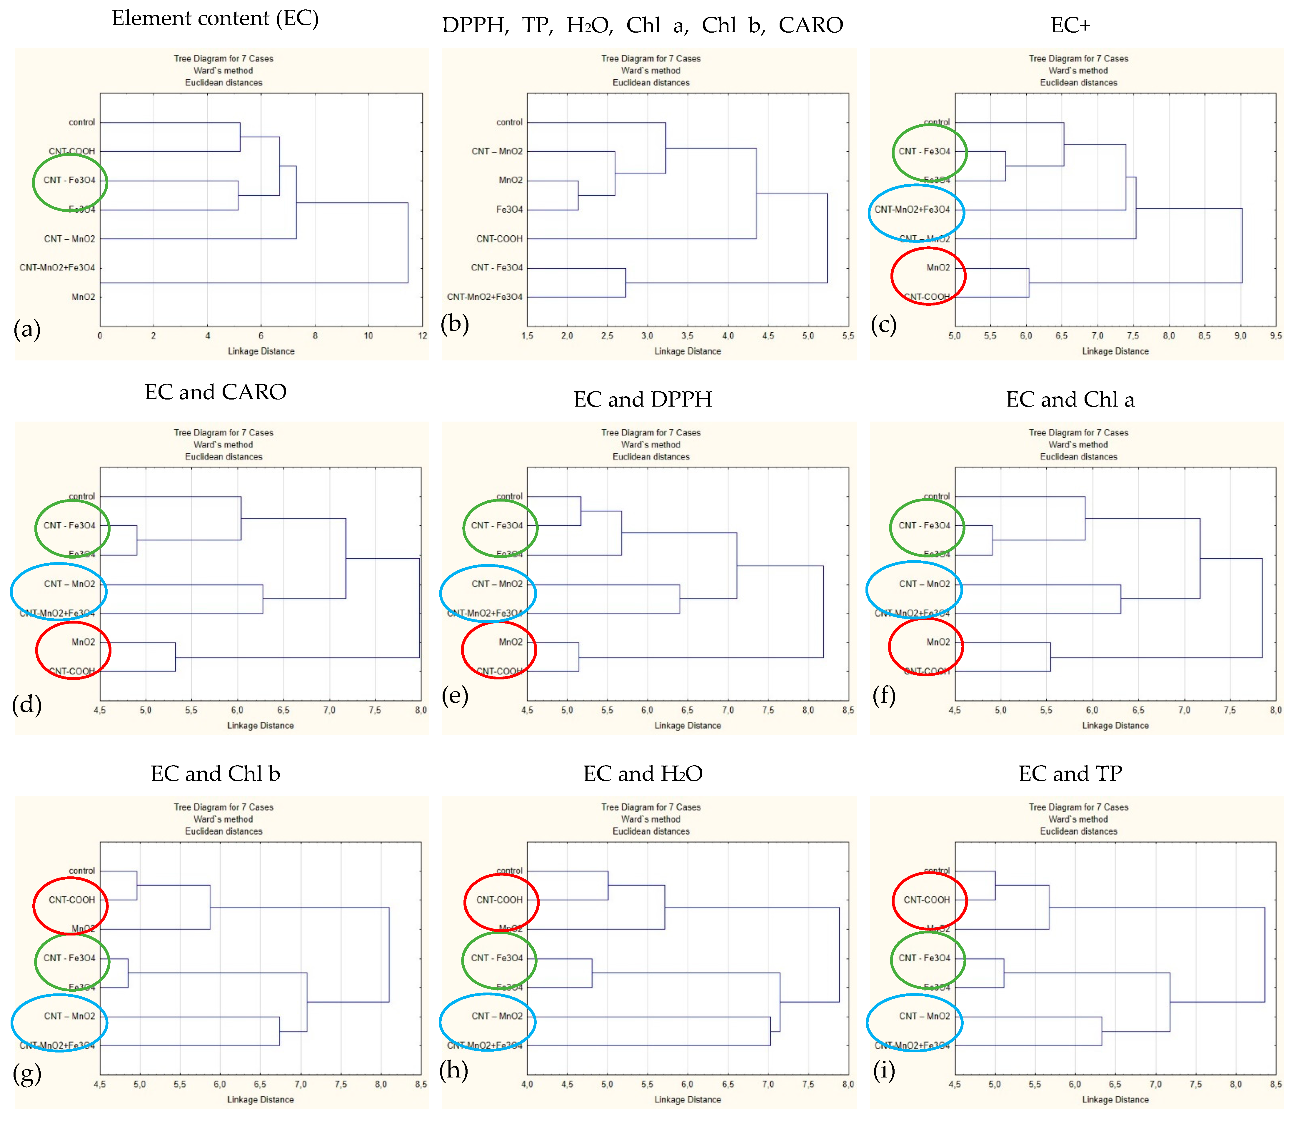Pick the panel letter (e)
pos(455,696)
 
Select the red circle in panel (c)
pos(928,276)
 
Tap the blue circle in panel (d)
pos(59,591)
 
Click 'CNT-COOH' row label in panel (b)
pos(499,238)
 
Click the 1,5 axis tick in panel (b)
pos(528,336)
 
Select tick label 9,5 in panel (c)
pos(1275,336)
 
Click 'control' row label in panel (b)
pos(509,122)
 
